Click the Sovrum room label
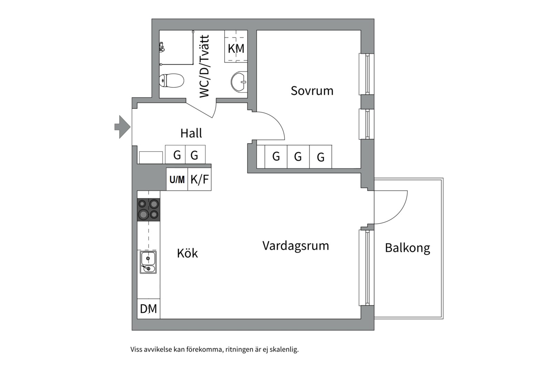pyautogui.click(x=312, y=91)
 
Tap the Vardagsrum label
pyautogui.click(x=296, y=246)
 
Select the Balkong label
pyautogui.click(x=407, y=248)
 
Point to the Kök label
pyautogui.click(x=187, y=253)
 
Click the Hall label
pyautogui.click(x=191, y=133)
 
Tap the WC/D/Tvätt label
pyautogui.click(x=204, y=66)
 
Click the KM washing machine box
pyautogui.click(x=236, y=48)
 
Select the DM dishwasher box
pyautogui.click(x=148, y=309)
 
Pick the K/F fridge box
pyautogui.click(x=199, y=179)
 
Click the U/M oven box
pyautogui.click(x=177, y=179)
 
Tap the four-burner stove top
pyautogui.click(x=148, y=209)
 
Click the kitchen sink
pyautogui.click(x=148, y=262)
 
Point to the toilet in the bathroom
pyautogui.click(x=172, y=81)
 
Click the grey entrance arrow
pyautogui.click(x=122, y=127)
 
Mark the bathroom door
pyautogui.click(x=200, y=110)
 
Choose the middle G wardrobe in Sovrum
pyautogui.click(x=298, y=157)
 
